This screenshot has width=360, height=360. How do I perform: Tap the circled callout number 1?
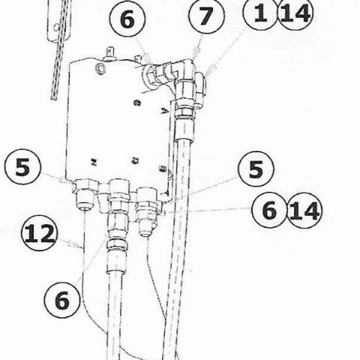click(x=259, y=16)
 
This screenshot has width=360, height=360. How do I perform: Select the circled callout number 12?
click(x=39, y=233)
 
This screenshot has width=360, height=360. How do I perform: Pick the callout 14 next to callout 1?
click(x=295, y=16)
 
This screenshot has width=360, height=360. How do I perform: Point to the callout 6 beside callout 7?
click(x=127, y=22)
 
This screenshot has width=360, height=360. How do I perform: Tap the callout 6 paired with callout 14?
click(x=268, y=211)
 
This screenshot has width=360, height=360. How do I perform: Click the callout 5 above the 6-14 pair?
click(x=256, y=169)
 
